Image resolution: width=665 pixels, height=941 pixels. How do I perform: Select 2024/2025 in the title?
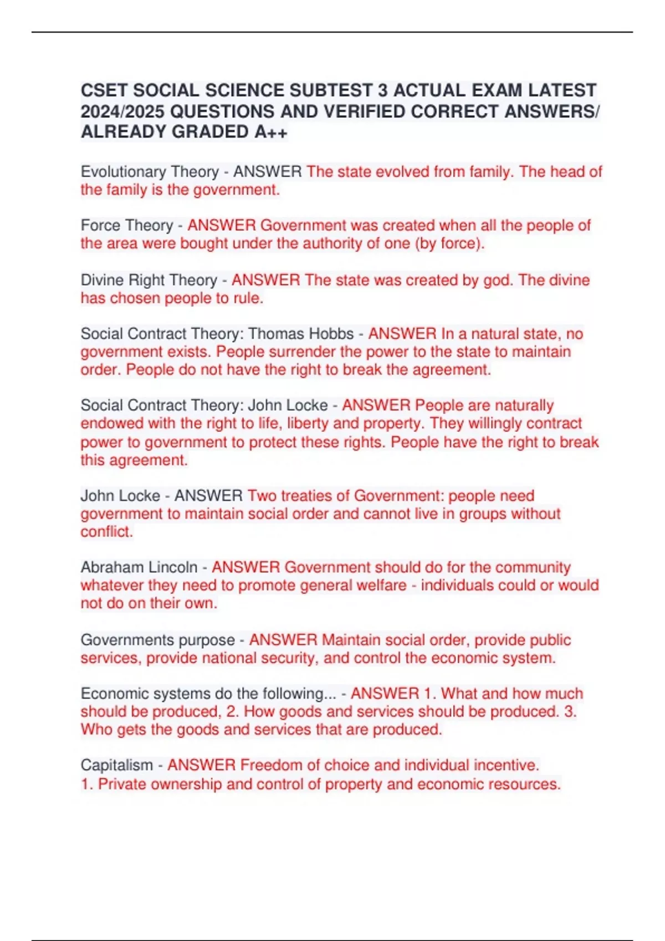point(122,111)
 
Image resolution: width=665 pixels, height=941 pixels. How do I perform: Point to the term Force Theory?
point(127,225)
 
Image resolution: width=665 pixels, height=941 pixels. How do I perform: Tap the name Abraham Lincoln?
point(139,567)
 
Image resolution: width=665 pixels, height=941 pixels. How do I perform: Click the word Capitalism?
point(116,765)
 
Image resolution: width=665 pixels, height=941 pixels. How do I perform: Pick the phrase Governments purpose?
point(158,640)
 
